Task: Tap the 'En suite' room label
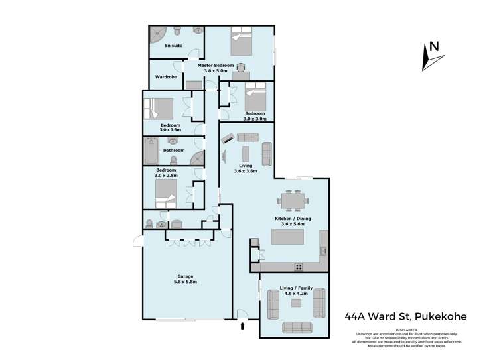(x=174, y=46)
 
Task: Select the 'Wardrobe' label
(x=166, y=77)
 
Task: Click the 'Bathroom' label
(x=174, y=150)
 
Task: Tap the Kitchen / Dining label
(x=293, y=221)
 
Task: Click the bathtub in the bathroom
(x=151, y=150)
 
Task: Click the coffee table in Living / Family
(x=296, y=303)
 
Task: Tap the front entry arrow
(x=242, y=326)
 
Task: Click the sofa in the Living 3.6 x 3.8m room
(x=267, y=154)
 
